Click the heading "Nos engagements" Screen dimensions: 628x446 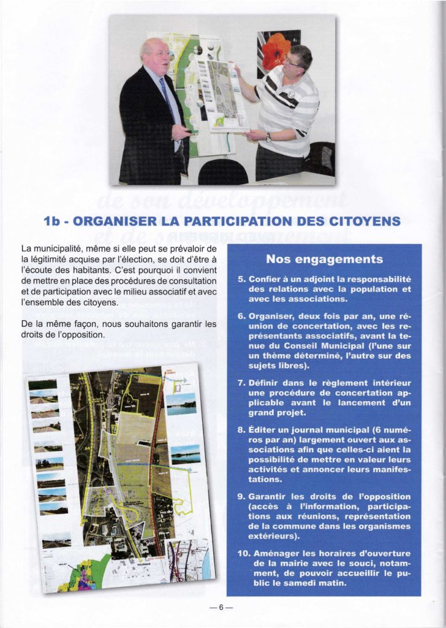pos(324,259)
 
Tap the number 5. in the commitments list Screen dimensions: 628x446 pos(241,279)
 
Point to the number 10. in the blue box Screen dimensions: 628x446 pos(243,553)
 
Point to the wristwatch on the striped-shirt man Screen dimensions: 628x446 pos(268,137)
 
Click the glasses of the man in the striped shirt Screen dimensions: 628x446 pos(293,62)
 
